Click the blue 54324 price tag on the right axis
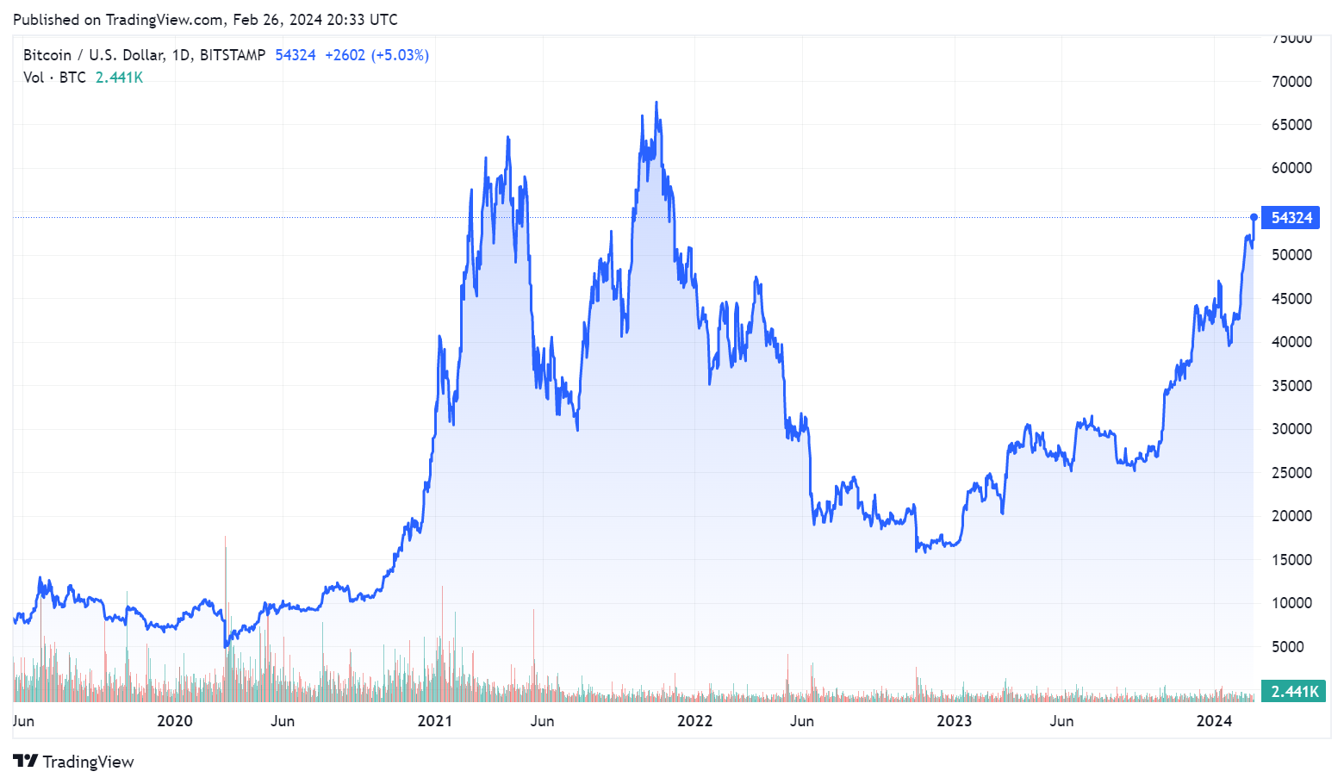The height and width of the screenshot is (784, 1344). point(1291,218)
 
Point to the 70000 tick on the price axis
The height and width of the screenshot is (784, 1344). point(1291,82)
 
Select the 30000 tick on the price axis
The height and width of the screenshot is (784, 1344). point(1291,429)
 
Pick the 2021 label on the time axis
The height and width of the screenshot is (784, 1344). point(434,721)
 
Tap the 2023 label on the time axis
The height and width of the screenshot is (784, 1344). point(954,721)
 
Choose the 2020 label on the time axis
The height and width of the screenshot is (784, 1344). point(174,721)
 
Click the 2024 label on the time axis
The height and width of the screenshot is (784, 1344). point(1214,721)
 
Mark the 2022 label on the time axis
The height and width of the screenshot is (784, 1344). point(694,721)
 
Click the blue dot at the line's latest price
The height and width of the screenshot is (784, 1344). point(1254,217)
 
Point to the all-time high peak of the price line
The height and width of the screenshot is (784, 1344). point(656,103)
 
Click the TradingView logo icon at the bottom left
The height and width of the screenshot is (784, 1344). point(26,762)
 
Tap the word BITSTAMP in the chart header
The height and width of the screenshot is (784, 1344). point(233,55)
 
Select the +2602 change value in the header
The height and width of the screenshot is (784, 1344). point(345,55)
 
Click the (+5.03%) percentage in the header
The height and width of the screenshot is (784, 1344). point(400,55)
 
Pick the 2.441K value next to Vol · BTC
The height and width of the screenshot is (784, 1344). point(119,78)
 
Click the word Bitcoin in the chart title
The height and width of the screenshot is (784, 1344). point(47,55)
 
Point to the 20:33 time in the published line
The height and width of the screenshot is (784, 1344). point(346,19)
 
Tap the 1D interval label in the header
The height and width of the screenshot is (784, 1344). point(181,55)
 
